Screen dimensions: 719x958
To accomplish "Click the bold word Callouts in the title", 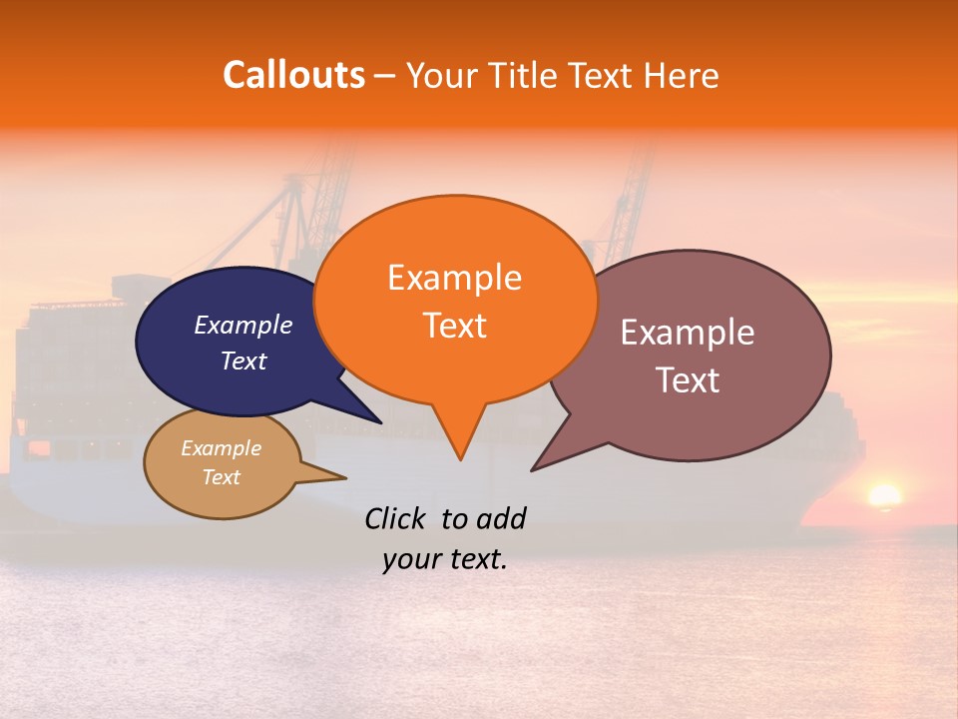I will tap(293, 75).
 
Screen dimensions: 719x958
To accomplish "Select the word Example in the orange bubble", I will tap(454, 278).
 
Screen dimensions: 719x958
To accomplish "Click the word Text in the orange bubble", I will tap(454, 326).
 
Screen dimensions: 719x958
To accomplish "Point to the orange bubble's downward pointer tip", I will tap(460, 458).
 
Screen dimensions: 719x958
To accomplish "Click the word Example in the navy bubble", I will tap(242, 326).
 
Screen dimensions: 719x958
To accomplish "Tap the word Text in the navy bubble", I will tap(242, 360).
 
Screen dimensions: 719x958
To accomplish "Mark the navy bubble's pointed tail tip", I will tap(380, 422).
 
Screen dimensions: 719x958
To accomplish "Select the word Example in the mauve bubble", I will tap(688, 333).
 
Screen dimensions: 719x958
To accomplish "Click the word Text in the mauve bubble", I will tap(688, 380).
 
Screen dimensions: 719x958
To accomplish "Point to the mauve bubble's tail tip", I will tap(533, 469).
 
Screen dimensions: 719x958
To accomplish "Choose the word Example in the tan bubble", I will tap(221, 448).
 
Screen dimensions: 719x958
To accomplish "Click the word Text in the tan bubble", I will tap(221, 477).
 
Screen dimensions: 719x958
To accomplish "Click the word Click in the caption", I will tap(397, 518).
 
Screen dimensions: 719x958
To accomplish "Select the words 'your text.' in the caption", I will tap(445, 560).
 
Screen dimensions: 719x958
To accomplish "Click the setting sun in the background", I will tap(884, 495).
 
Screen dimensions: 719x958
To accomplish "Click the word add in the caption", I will tap(501, 518).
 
